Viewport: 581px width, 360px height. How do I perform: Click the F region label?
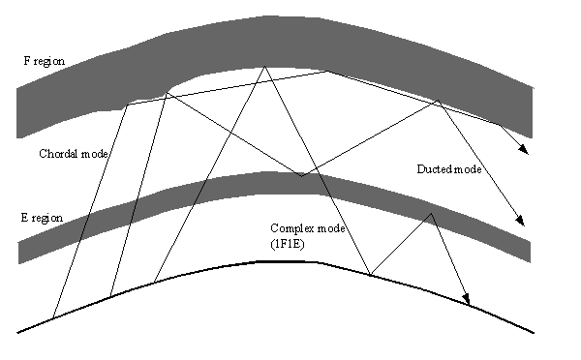point(45,61)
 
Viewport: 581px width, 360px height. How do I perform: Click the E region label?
point(42,218)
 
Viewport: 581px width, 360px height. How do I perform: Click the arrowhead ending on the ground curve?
point(466,299)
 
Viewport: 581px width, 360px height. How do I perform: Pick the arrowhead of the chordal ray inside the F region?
point(524,149)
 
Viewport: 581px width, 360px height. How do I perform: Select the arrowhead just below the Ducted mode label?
point(520,221)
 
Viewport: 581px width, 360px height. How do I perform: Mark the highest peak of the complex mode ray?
point(264,67)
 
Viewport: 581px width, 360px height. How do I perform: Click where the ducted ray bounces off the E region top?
point(301,176)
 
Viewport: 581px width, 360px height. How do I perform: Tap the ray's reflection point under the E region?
point(431,214)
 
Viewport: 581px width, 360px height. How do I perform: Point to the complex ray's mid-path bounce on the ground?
point(371,275)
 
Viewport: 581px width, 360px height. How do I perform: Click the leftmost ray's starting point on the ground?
point(53,317)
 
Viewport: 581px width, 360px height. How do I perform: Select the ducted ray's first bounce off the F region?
point(166,93)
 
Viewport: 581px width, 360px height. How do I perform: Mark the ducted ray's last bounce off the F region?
point(439,101)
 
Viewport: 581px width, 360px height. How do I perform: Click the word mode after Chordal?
point(94,154)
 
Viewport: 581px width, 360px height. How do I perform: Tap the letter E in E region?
point(24,217)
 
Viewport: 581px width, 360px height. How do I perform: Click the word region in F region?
point(49,62)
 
